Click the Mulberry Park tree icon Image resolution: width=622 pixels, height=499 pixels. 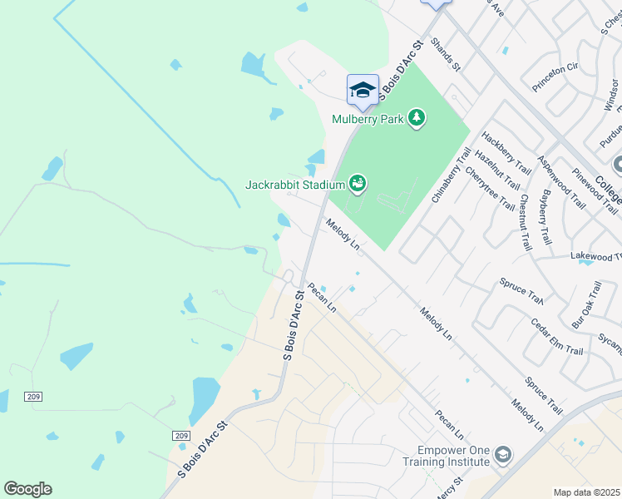[417, 119]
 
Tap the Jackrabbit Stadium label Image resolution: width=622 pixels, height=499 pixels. [294, 184]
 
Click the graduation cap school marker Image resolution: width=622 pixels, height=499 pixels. [363, 90]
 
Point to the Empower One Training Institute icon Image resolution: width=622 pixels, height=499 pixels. [502, 455]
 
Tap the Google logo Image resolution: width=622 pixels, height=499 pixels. [27, 489]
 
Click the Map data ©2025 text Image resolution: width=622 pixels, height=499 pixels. [587, 492]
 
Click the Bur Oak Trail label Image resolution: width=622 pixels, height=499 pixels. [585, 303]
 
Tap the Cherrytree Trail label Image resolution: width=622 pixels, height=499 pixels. [490, 189]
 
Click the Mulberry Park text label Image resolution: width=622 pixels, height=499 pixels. [368, 119]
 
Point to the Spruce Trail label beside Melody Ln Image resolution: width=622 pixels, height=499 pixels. [543, 395]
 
